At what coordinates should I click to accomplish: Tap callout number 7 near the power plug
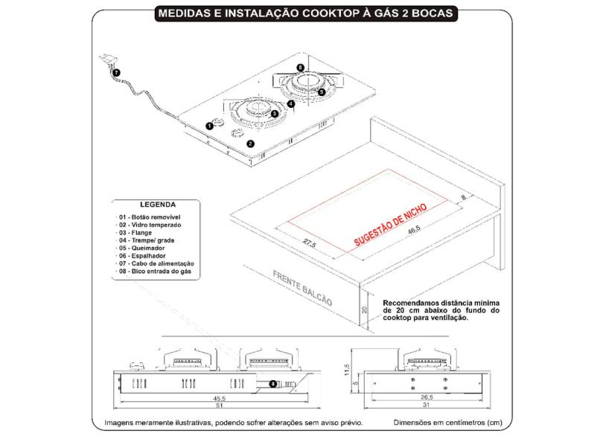coord(115,71)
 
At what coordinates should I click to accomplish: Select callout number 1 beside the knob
coord(209,126)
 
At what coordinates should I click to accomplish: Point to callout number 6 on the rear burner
coord(299,67)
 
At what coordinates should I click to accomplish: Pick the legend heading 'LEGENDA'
coord(158,204)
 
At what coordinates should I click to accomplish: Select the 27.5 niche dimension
coord(310,243)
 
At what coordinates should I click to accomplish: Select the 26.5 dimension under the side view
coord(426,398)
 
